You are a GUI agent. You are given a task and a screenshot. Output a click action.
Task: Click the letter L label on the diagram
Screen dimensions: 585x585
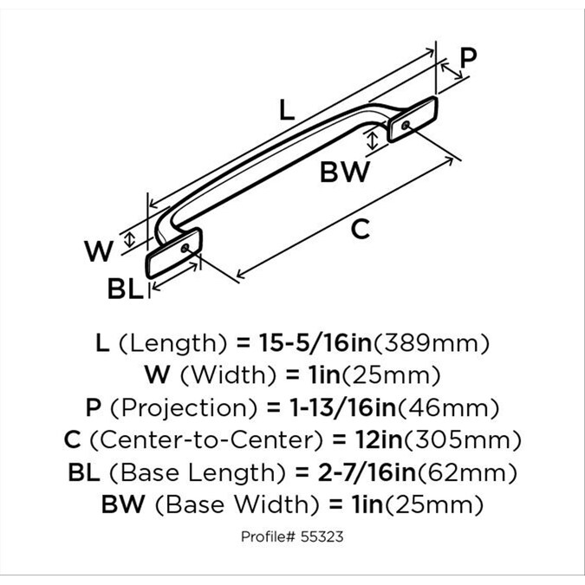point(288,110)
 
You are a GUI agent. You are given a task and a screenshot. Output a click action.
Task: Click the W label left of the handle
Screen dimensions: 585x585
point(100,251)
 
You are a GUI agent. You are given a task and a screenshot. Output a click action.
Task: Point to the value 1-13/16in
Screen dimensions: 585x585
point(323,406)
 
